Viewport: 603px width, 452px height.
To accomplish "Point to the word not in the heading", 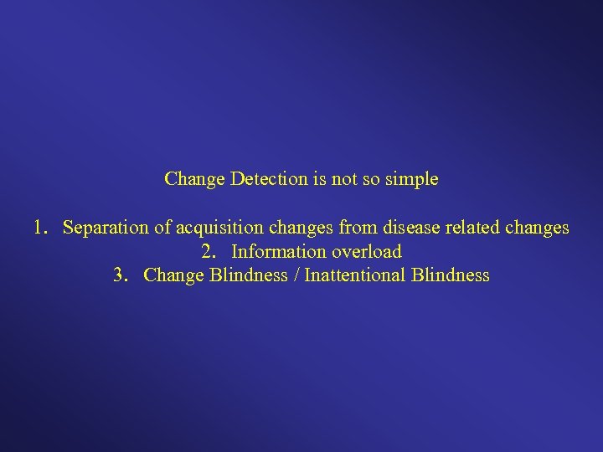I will [343, 179].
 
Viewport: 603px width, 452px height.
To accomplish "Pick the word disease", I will [409, 228].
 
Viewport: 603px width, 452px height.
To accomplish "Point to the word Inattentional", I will [356, 275].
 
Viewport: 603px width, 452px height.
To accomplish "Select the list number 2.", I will [208, 251].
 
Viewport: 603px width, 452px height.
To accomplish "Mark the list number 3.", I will [120, 275].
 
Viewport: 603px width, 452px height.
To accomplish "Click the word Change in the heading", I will [194, 179].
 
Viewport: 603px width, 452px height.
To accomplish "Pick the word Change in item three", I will [173, 275].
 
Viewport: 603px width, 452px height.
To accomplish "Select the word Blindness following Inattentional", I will [451, 275].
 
